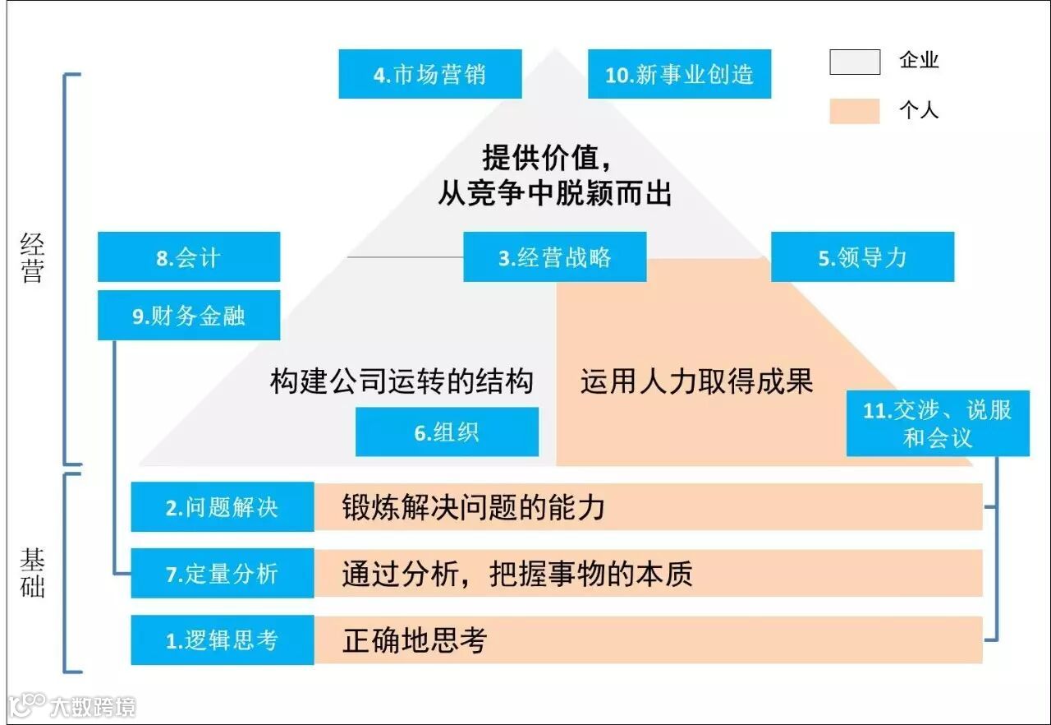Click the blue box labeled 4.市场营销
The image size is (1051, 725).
[x=430, y=74]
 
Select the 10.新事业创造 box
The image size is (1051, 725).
[x=679, y=74]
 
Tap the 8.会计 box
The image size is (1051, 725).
[x=189, y=257]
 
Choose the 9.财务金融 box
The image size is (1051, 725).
[x=189, y=316]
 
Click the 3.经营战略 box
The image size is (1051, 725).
[x=555, y=257]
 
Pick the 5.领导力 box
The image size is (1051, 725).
[x=862, y=257]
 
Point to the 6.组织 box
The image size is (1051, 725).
[x=447, y=432]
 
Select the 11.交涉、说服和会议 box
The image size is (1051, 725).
[x=938, y=424]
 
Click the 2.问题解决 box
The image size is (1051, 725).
[x=223, y=507]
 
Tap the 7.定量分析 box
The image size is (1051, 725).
[x=223, y=574]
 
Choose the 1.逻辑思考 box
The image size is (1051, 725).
[x=223, y=640]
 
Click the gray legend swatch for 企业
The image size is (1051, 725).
[x=855, y=62]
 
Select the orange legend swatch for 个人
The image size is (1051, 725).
[x=855, y=111]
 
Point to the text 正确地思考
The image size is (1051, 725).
[x=415, y=640]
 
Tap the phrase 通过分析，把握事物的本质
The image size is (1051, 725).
[x=517, y=574]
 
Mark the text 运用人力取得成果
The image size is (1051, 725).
[x=696, y=381]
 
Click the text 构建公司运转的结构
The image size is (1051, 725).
[x=402, y=381]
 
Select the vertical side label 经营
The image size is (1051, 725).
[x=32, y=258]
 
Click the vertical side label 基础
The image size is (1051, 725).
[x=32, y=573]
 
